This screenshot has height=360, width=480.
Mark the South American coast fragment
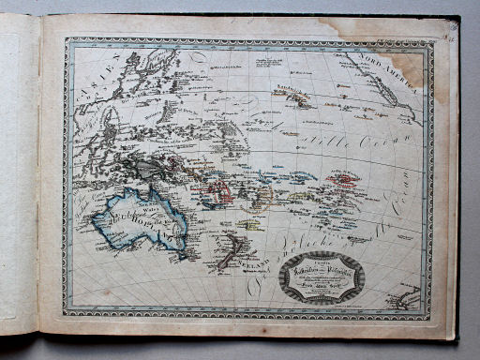point(409,297)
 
